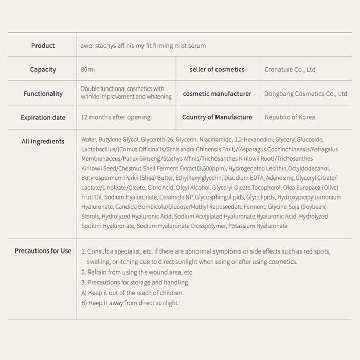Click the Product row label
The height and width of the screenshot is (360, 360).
click(x=43, y=46)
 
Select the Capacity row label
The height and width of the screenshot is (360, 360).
click(x=43, y=69)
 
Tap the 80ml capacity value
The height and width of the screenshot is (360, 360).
click(x=88, y=69)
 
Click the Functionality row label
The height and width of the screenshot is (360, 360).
click(x=43, y=94)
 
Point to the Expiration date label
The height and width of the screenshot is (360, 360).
click(x=43, y=117)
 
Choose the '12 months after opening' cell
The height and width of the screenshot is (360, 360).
click(x=116, y=117)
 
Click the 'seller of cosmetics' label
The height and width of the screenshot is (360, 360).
click(x=217, y=69)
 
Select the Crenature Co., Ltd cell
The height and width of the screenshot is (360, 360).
click(x=290, y=69)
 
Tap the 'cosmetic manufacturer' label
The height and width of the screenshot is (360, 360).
click(x=217, y=94)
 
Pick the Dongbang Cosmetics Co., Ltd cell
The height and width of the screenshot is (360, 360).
click(x=305, y=94)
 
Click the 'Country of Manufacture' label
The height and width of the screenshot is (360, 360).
click(x=217, y=117)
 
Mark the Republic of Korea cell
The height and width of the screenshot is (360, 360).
click(x=290, y=117)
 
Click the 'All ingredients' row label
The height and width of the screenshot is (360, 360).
click(x=43, y=141)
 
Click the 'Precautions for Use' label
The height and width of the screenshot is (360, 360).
click(x=43, y=251)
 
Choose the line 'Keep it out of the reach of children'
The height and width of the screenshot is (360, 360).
click(x=132, y=293)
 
